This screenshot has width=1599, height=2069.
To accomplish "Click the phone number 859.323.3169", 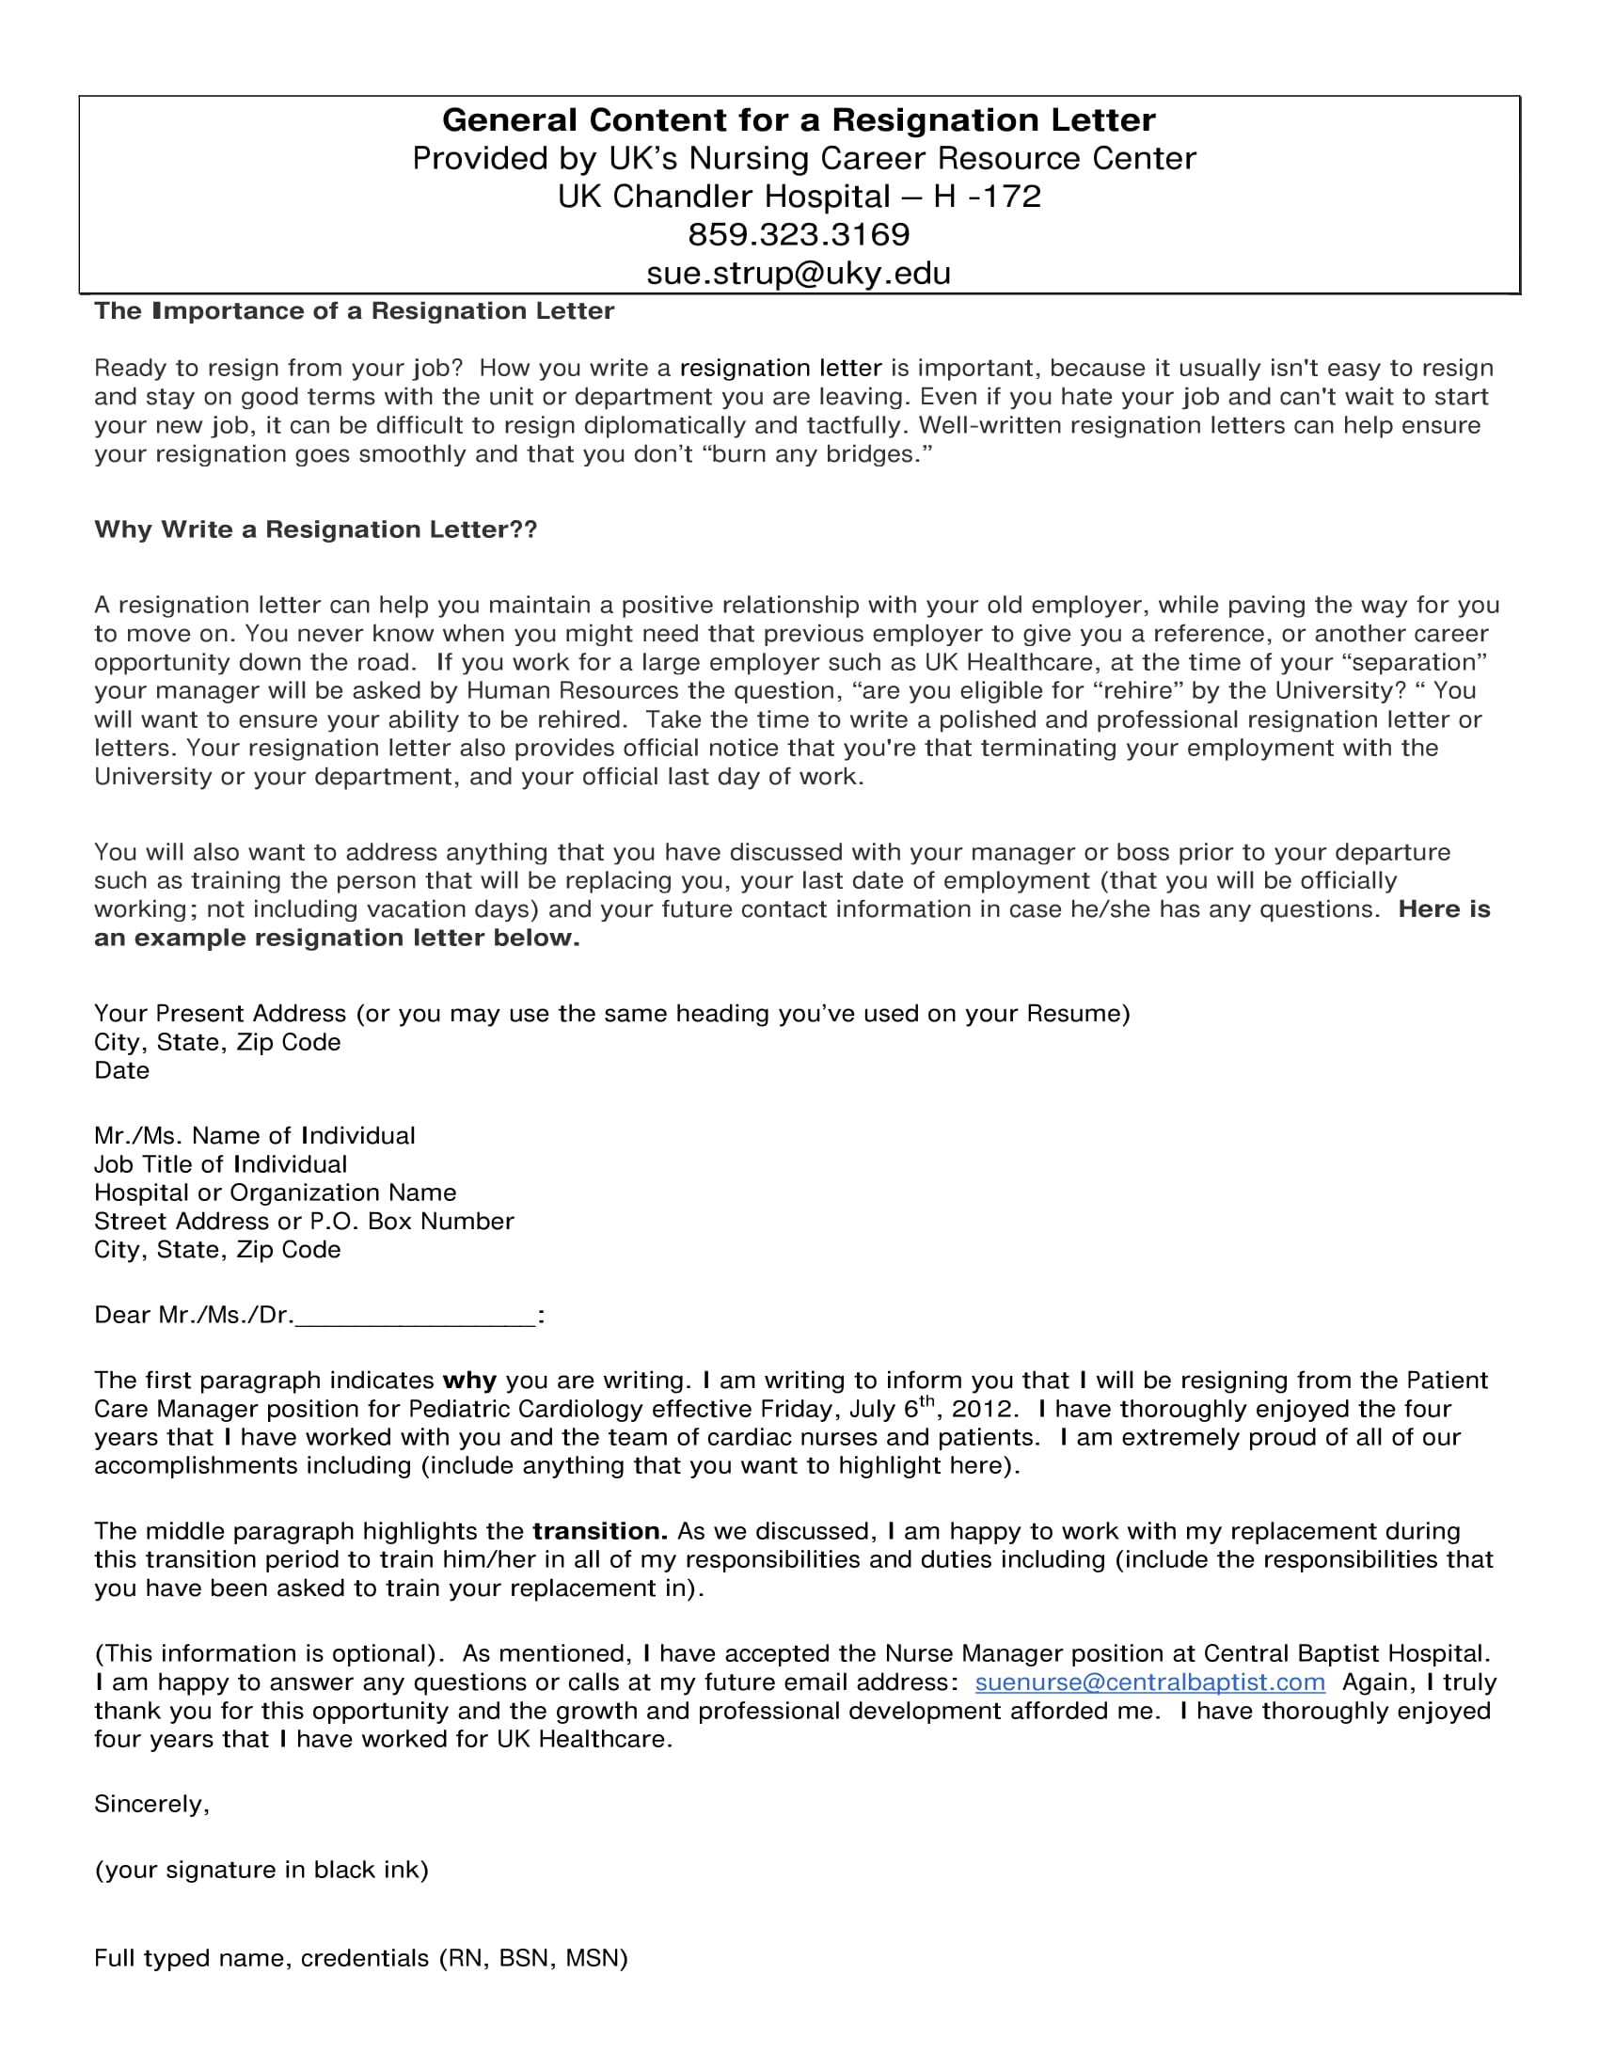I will [x=799, y=234].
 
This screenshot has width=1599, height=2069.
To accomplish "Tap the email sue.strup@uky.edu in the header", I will [x=799, y=273].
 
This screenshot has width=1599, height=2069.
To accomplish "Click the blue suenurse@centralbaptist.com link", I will [x=1149, y=1682].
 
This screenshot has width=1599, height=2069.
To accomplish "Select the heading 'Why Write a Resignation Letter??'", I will [x=315, y=529].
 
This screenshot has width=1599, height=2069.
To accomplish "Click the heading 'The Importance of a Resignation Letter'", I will [x=354, y=310].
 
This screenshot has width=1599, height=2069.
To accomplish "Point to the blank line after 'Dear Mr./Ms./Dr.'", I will [x=416, y=1317].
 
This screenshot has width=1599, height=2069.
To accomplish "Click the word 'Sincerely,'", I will [x=151, y=1804].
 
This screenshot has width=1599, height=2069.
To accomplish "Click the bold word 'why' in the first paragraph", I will [x=469, y=1381].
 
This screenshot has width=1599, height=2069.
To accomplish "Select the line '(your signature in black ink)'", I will [x=261, y=1869].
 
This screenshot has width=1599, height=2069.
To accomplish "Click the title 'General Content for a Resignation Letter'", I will [x=799, y=120].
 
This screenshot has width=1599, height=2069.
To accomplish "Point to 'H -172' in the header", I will [x=986, y=197].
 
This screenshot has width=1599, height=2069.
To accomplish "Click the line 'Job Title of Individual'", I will [x=220, y=1164].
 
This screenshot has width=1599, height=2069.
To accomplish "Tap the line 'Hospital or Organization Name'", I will [x=275, y=1192].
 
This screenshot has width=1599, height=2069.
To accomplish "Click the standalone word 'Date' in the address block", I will [x=121, y=1070].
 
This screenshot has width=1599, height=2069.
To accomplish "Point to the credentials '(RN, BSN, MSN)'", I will [x=533, y=1958].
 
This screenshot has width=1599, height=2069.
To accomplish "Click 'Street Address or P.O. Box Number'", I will [x=303, y=1221].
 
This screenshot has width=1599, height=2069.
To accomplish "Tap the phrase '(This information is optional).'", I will [x=269, y=1653].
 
